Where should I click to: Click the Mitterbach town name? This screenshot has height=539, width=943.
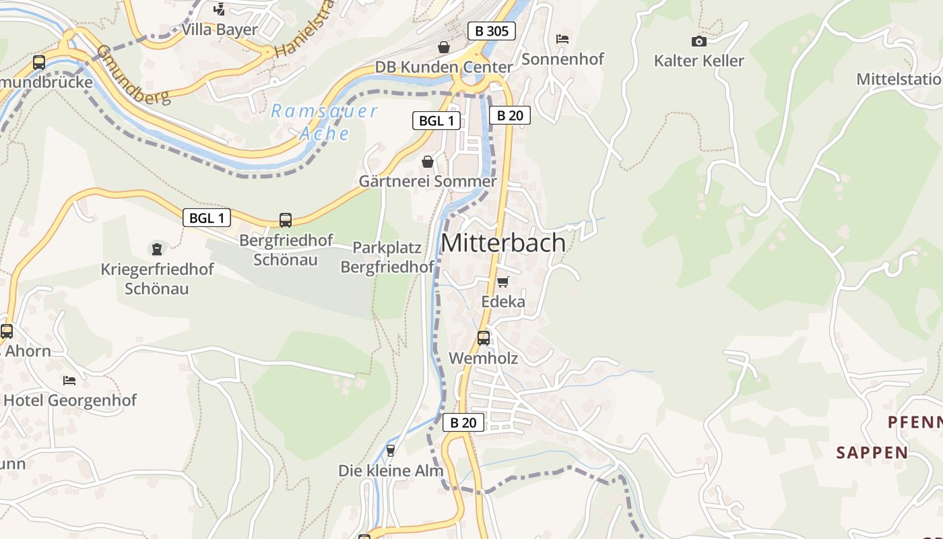coord(503,243)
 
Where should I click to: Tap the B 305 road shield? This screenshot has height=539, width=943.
coord(491,31)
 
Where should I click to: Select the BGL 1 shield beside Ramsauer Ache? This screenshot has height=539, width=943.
coord(436,121)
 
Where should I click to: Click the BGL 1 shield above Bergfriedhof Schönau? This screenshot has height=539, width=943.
coord(206,218)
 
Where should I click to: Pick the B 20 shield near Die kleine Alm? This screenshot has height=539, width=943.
coord(463,422)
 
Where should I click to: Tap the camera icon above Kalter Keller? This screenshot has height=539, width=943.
coord(699,42)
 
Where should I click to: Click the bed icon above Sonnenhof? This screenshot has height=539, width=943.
coord(562,39)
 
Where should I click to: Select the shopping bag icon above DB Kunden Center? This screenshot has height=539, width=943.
coord(444,47)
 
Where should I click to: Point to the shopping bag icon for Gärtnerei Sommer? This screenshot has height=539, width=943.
coord(427,162)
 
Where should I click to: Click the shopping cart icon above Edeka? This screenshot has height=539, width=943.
coord(502,282)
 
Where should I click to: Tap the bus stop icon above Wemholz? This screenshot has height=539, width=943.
coord(484,338)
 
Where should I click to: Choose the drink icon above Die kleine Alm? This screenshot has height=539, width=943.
coord(390,450)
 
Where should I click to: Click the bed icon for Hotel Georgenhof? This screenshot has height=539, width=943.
coord(69,380)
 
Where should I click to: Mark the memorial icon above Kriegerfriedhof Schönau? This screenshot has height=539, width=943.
coord(157,249)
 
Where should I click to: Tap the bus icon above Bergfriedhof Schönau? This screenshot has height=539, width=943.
coord(286,220)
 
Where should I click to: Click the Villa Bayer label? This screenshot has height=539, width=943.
coord(220,30)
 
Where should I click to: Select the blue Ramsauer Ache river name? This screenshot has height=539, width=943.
coord(325,122)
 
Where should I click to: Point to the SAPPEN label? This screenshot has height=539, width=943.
coord(872,452)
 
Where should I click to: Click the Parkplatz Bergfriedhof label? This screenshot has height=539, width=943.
coord(387,257)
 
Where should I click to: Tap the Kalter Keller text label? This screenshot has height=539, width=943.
coord(699,61)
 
